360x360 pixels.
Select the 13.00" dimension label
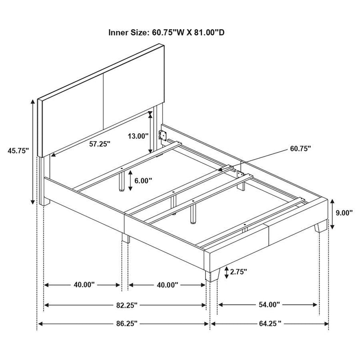pyautogui.click(x=138, y=135)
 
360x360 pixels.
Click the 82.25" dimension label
pyautogui.click(x=125, y=305)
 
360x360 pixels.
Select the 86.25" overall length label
pyautogui.click(x=125, y=324)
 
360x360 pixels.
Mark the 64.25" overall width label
pyautogui.click(x=269, y=324)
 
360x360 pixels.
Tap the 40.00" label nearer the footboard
pyautogui.click(x=166, y=284)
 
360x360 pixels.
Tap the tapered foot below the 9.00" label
pyautogui.click(x=321, y=226)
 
